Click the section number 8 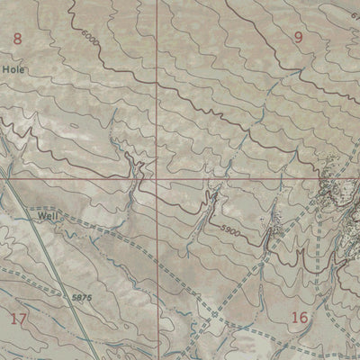[15, 38]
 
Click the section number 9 [299, 37]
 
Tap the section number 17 [19, 318]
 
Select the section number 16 [301, 317]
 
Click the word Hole [13, 69]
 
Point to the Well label [47, 216]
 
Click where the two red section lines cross [156, 177]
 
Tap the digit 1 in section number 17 [14, 318]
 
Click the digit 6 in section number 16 [306, 317]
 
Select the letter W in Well [40, 216]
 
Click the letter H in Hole [5, 69]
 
